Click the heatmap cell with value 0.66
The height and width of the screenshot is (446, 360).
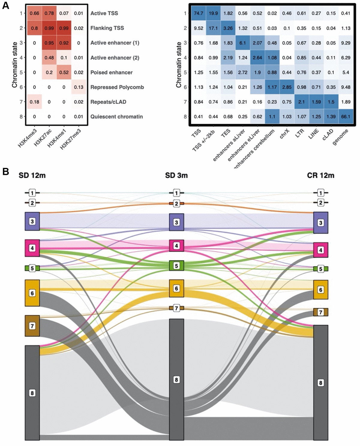[x=34, y=13]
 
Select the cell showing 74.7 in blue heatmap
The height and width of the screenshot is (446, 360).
[x=199, y=13]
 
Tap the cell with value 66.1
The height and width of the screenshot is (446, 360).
[x=346, y=117]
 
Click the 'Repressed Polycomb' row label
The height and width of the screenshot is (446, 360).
[x=117, y=87]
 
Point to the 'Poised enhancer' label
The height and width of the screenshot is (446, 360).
[x=111, y=72]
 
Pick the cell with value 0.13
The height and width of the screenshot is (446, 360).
[x=79, y=87]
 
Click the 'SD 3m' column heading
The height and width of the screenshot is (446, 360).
[x=176, y=175]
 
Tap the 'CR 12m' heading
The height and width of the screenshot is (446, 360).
[x=320, y=175]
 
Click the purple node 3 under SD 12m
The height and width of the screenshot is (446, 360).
[x=32, y=222]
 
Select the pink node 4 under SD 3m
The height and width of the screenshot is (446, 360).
[x=176, y=246]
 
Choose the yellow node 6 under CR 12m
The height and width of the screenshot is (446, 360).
[x=320, y=290]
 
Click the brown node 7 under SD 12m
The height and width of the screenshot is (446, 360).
[x=32, y=326]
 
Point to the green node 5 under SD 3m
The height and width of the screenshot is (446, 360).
[x=176, y=266]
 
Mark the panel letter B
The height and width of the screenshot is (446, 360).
[x=5, y=172]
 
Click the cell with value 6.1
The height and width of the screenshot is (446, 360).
[x=243, y=43]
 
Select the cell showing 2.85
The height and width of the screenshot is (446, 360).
[x=287, y=87]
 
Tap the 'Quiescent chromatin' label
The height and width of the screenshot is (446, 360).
[x=116, y=117]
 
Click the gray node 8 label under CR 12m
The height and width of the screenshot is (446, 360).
[x=320, y=383]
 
